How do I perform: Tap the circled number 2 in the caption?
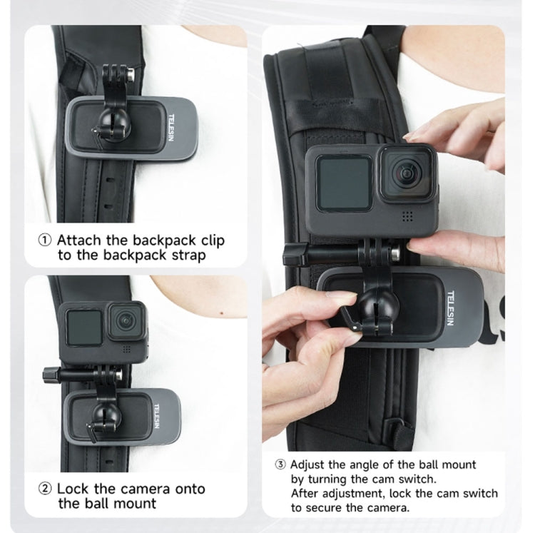pos(45,489)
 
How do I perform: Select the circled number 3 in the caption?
pos(280,465)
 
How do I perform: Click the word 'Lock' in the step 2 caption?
pos(73,489)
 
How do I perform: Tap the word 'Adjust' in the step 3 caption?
pos(310,465)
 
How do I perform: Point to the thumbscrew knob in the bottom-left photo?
pos(52,373)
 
